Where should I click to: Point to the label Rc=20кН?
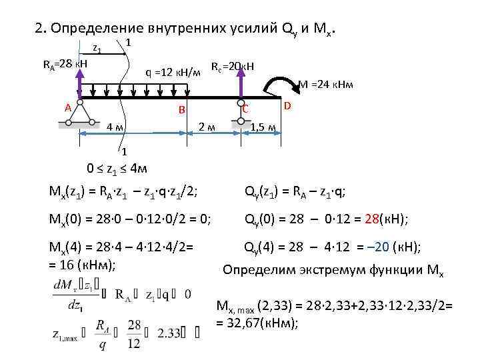(x=233, y=67)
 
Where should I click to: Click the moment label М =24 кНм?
(x=325, y=85)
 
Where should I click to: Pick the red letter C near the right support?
(x=245, y=109)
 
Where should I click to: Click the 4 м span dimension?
(x=115, y=127)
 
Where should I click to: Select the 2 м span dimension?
(x=207, y=127)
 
